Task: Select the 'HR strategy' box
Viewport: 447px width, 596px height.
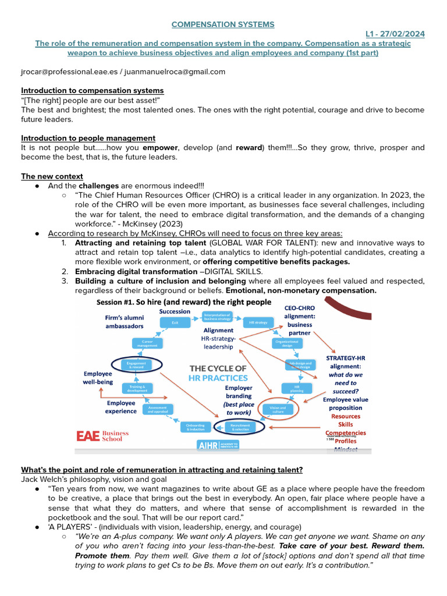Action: click(258, 322)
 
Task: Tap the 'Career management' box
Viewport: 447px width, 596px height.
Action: click(147, 343)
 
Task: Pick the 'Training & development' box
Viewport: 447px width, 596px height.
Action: click(137, 388)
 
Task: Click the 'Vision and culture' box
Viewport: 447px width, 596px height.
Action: click(278, 409)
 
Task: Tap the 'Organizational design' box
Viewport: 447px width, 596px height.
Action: click(286, 343)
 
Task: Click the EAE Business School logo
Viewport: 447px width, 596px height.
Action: click(102, 436)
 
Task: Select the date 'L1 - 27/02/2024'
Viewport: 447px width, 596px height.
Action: click(395, 34)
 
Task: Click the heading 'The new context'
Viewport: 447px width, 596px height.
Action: click(52, 176)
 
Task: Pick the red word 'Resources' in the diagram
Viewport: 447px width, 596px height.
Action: click(346, 416)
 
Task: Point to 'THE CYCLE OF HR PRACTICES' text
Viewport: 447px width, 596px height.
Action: click(218, 373)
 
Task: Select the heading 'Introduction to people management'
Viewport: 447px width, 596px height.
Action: click(88, 138)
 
